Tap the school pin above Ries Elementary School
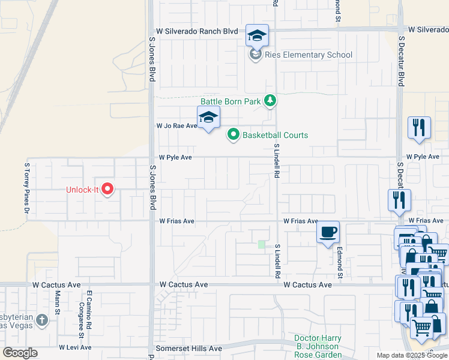tap(257, 36)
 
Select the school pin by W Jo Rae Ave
tap(208, 117)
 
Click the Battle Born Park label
tap(231, 101)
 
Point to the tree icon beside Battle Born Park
tap(270, 101)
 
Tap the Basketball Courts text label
tap(275, 135)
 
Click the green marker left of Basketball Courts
tap(234, 135)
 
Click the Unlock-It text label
tap(82, 190)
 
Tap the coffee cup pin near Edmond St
tap(328, 232)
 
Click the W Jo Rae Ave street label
tap(176, 126)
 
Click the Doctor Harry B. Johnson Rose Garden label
tap(318, 346)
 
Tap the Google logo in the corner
tap(20, 353)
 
